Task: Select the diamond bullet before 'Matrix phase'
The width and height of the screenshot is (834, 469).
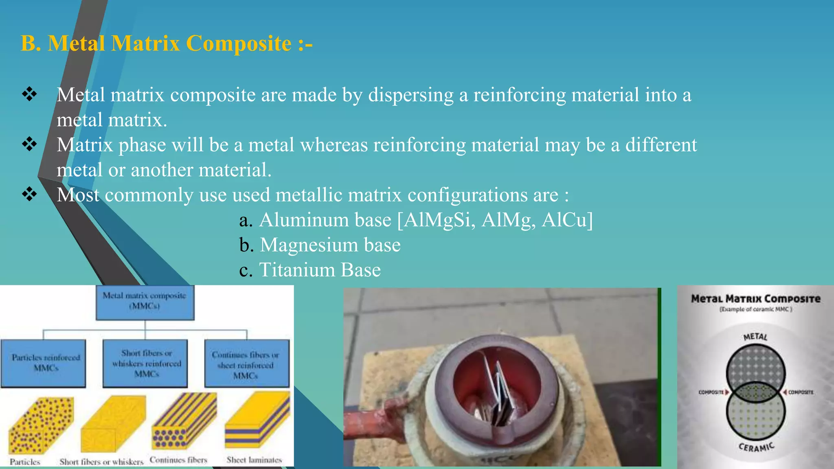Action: coord(29,144)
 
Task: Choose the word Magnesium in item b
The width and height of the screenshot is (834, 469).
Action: coord(309,245)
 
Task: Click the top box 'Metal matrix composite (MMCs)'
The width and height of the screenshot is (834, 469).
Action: coord(145,302)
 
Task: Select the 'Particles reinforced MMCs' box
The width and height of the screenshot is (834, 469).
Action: coord(44,363)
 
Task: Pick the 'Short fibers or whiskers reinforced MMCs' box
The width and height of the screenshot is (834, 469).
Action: coord(145,363)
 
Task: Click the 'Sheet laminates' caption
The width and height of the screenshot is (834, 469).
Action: coord(254,460)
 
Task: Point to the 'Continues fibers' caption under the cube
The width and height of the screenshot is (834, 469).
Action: coord(178,460)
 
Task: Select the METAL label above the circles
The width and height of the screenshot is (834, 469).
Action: coord(755,337)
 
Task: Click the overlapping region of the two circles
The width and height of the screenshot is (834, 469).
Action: coord(755,392)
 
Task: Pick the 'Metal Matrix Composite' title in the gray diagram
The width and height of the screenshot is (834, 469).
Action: coord(755,299)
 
